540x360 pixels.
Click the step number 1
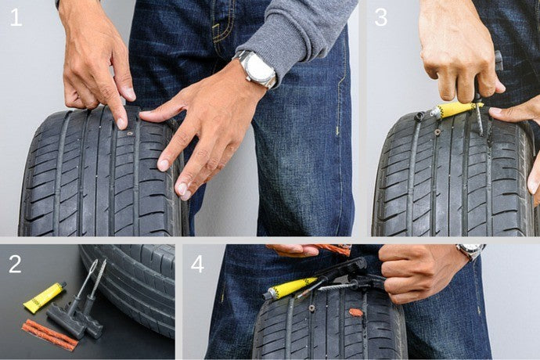click(16, 17)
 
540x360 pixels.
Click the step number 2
click(15, 265)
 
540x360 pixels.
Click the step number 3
click(381, 17)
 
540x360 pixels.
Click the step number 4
click(198, 265)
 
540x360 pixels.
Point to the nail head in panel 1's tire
click(129, 133)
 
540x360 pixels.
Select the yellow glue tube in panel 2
click(44, 297)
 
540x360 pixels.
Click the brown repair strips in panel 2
click(50, 334)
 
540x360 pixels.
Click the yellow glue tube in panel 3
click(456, 110)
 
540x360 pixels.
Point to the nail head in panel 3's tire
click(437, 131)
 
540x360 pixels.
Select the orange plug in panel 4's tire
click(356, 312)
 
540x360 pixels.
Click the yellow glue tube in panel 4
click(290, 288)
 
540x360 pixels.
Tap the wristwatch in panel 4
click(470, 251)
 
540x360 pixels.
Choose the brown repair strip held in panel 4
click(333, 250)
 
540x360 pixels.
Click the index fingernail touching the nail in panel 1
click(121, 123)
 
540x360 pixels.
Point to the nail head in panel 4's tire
click(312, 308)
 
